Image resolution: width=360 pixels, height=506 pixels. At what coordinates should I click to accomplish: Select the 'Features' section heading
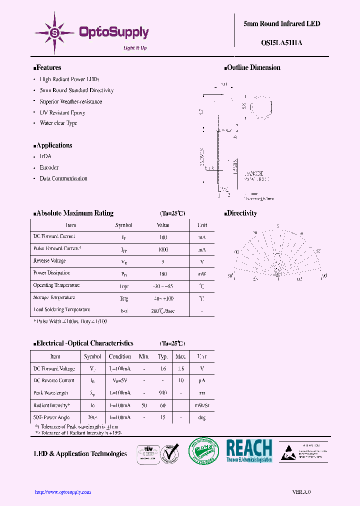[x=47, y=67]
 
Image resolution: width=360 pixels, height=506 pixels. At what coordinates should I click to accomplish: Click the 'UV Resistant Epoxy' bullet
[x=62, y=112]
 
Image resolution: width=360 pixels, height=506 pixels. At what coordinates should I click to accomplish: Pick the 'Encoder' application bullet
[x=49, y=167]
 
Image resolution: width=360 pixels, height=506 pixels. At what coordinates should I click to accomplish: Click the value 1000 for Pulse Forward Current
[x=162, y=249]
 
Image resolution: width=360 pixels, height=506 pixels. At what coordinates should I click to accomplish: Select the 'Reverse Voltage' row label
[x=49, y=261]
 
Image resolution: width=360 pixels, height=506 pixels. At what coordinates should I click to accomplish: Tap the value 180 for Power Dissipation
[x=162, y=273]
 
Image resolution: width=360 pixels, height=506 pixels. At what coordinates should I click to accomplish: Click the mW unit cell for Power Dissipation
[x=202, y=273]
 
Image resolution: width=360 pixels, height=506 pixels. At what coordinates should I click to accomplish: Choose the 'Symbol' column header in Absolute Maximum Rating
[x=124, y=225]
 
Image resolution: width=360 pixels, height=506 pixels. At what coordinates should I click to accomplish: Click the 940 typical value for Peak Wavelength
[x=162, y=393]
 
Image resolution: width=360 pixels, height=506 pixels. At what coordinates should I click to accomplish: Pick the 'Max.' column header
[x=180, y=356]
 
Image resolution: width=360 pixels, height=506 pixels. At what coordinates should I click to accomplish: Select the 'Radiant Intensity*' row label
[x=51, y=405]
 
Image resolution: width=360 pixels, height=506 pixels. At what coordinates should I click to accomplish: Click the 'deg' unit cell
[x=202, y=417]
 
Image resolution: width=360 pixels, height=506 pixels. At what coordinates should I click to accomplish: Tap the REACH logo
[x=249, y=450]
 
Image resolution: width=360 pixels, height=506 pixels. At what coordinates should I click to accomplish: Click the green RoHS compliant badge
[x=203, y=451]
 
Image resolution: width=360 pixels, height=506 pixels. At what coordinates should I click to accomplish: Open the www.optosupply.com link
[x=63, y=492]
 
